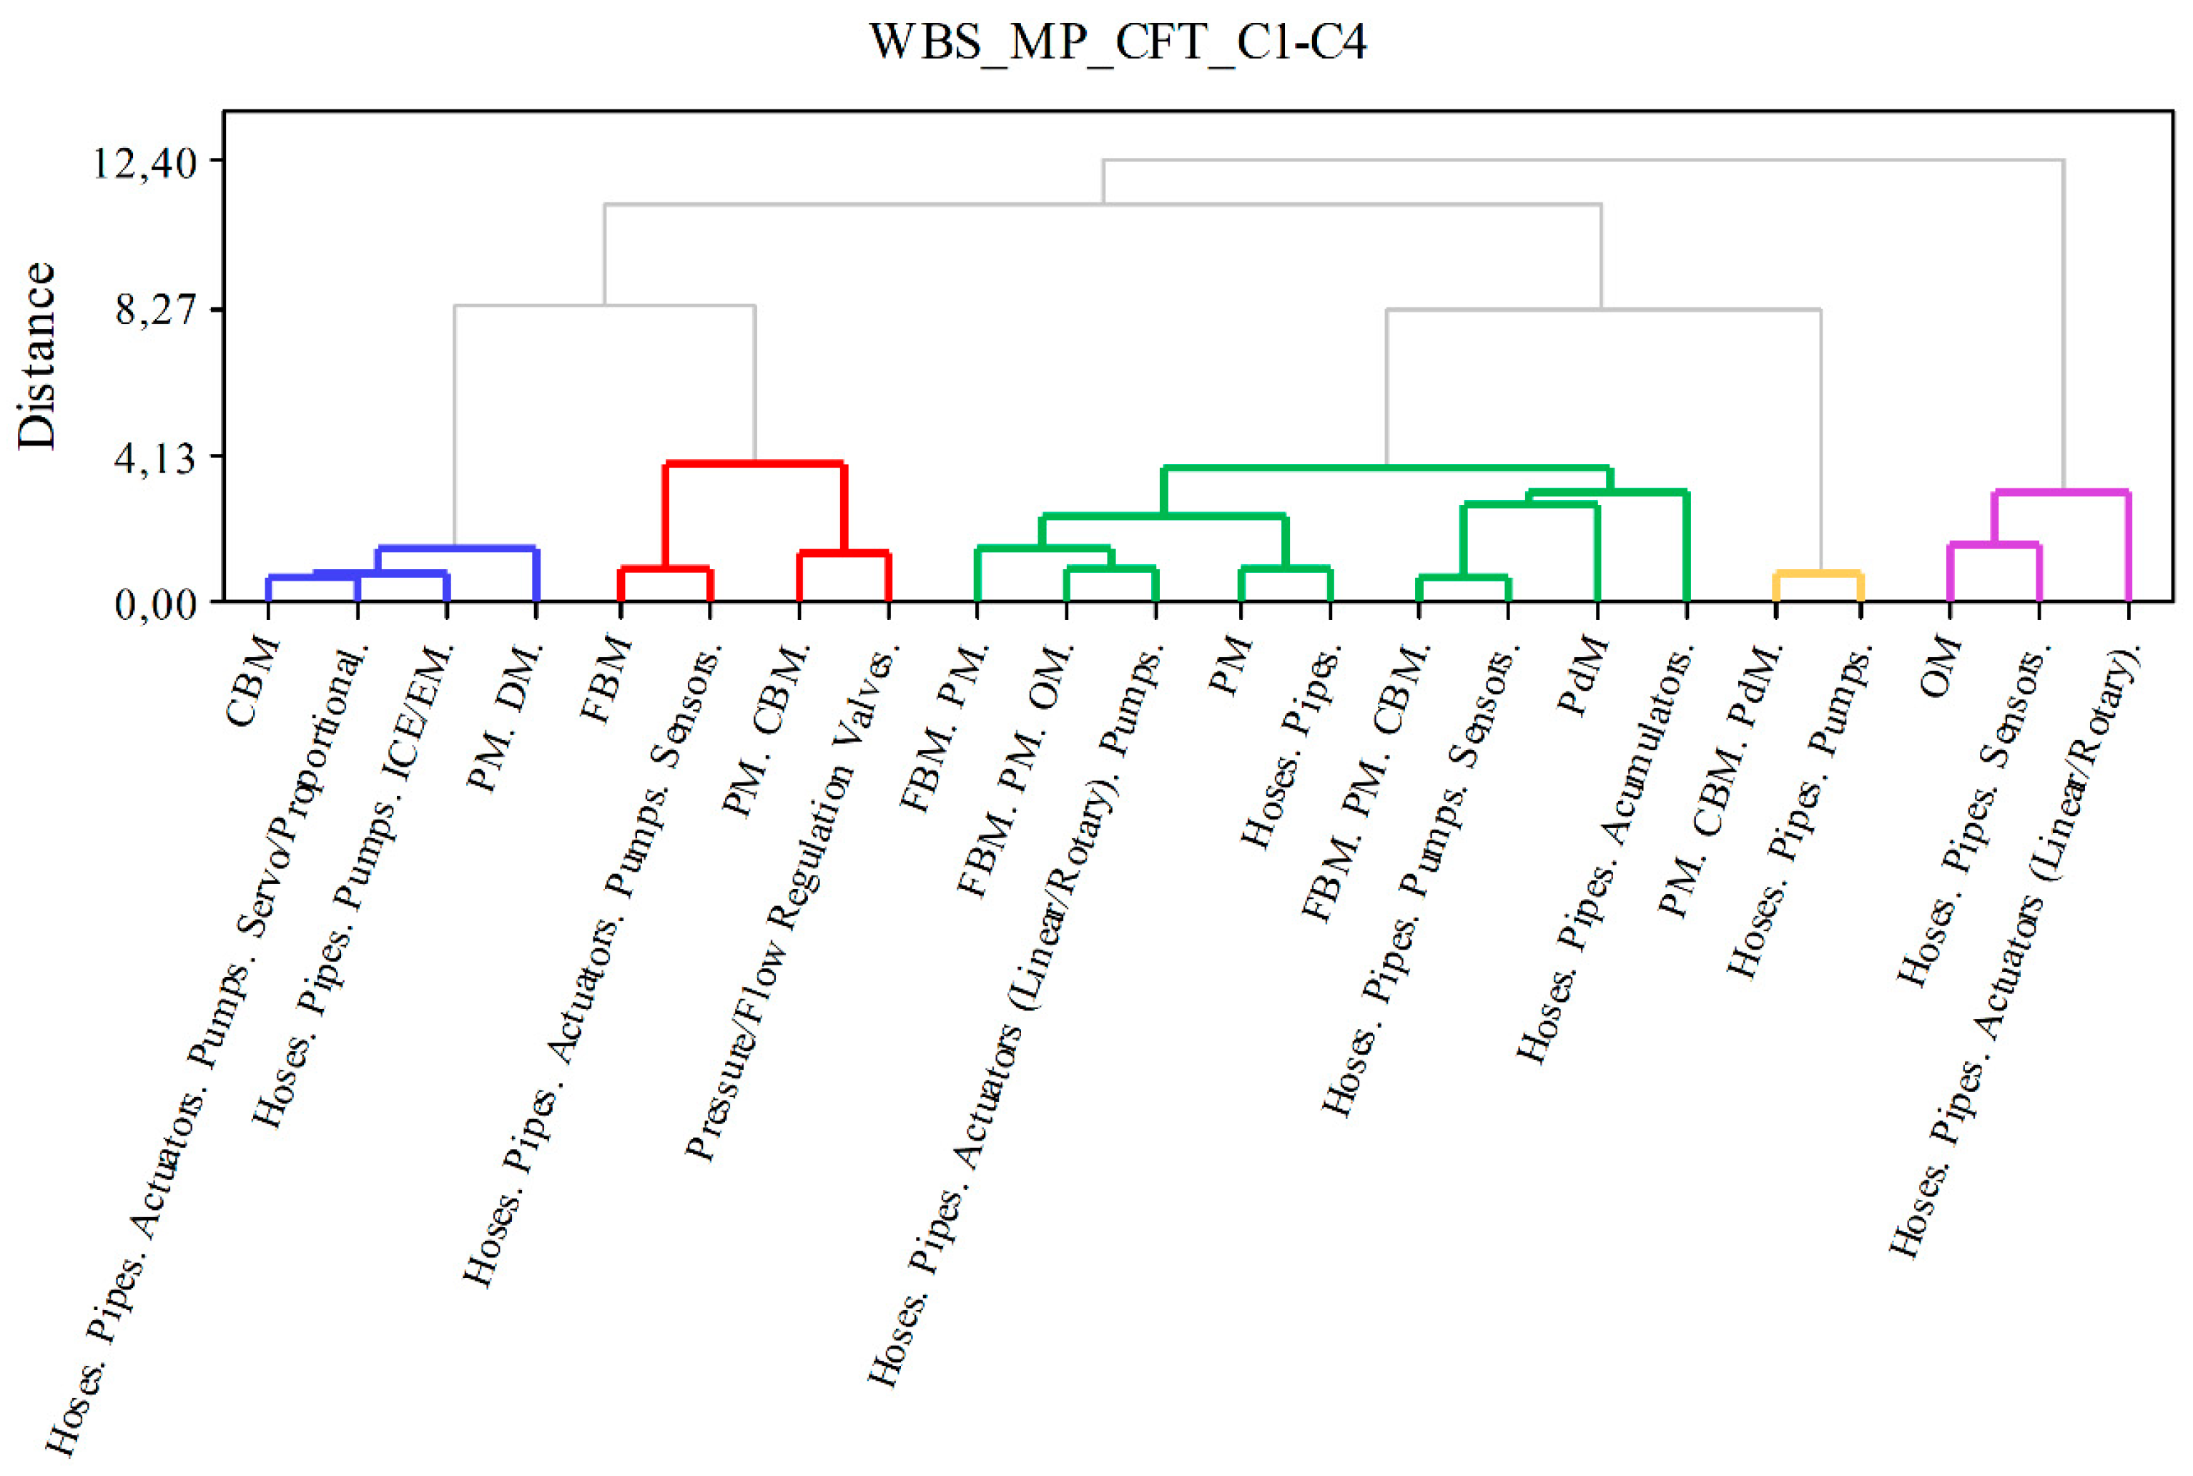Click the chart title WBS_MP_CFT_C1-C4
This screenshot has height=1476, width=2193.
[1116, 42]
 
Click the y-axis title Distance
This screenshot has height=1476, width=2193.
[38, 356]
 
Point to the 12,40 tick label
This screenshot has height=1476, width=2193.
[143, 162]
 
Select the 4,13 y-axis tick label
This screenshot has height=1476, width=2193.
[155, 458]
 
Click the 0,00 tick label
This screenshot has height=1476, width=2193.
[155, 604]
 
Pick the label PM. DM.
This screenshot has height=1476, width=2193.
[505, 720]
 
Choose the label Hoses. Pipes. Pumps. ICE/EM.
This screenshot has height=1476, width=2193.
[354, 885]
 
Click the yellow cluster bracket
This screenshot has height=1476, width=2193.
[1818, 572]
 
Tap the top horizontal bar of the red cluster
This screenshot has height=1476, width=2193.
[754, 463]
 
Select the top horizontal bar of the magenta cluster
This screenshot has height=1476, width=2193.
[2061, 491]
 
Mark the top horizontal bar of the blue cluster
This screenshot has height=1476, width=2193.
[455, 548]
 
